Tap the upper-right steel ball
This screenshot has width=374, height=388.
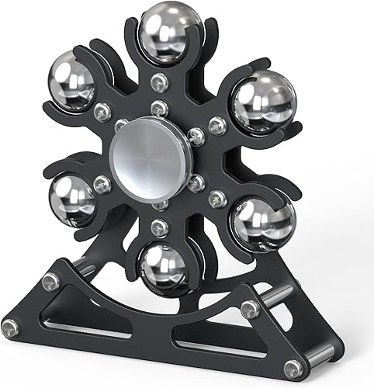click(x=263, y=101)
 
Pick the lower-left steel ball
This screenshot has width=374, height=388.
click(x=72, y=200)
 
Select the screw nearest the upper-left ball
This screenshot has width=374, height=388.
click(x=101, y=112)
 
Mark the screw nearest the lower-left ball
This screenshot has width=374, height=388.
click(x=102, y=184)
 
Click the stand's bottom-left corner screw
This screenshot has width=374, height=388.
click(x=11, y=325)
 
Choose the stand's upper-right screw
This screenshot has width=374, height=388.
click(x=250, y=309)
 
